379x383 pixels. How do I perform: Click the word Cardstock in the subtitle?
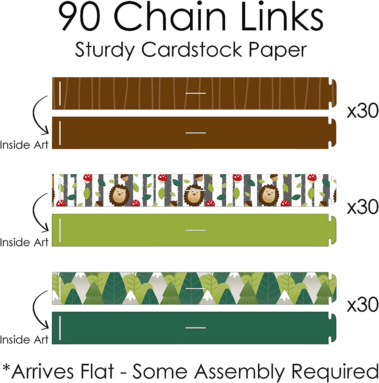(192, 49)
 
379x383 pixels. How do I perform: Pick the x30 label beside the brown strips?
(362, 111)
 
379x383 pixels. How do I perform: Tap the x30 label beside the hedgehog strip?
(362, 207)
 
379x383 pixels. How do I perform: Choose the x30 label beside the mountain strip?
(362, 304)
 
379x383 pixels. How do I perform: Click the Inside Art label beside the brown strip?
(24, 145)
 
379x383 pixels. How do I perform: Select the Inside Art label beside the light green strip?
(24, 242)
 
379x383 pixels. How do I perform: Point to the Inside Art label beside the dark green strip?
(24, 340)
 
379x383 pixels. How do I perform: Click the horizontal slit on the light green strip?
(196, 230)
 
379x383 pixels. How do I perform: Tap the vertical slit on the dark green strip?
(60, 328)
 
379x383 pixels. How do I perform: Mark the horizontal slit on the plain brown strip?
(196, 133)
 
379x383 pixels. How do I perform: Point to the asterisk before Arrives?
(6, 368)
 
